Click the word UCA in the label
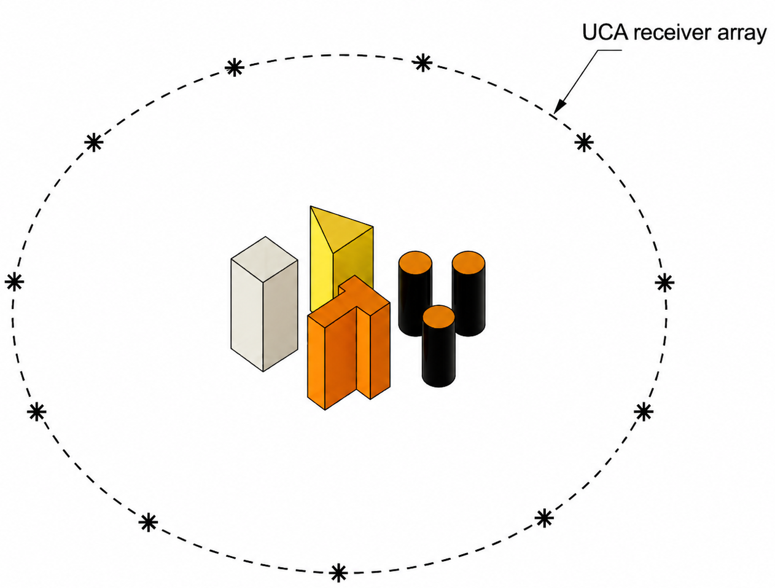pos(605,33)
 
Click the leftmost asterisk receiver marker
pos(14,282)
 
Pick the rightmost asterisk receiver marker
pos(664,282)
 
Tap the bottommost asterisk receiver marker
pos(338,573)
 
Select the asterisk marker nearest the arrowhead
pos(583,143)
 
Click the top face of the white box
pos(265,259)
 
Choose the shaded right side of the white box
pos(281,316)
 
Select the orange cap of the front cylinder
pos(438,316)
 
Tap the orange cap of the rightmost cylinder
pos(469,262)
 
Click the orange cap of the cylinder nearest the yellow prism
pos(415,262)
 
